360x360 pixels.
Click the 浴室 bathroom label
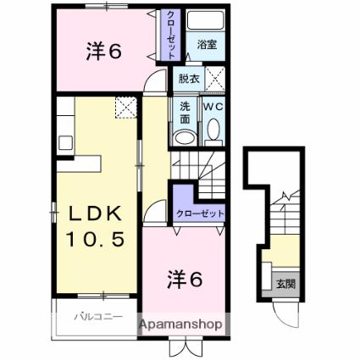(x=207, y=45)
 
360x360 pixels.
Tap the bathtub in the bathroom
(x=205, y=19)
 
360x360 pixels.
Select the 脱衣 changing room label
(x=189, y=79)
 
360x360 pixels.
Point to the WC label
(x=213, y=107)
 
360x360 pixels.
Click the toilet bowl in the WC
(x=213, y=130)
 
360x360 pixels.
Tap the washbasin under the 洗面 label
(x=185, y=137)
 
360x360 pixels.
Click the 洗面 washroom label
(x=185, y=113)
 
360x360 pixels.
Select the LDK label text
(x=95, y=213)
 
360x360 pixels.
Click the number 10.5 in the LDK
(x=95, y=239)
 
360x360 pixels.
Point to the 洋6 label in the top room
(x=104, y=52)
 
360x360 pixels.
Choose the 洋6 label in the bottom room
(x=185, y=280)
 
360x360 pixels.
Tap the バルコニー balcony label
(x=98, y=317)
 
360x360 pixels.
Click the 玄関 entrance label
(x=285, y=284)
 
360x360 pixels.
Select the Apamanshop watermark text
(x=180, y=324)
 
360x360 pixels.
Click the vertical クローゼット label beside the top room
(x=170, y=35)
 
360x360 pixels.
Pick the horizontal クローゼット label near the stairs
(x=200, y=213)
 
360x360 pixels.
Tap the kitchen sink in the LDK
(x=65, y=142)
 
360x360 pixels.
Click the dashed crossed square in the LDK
(x=126, y=108)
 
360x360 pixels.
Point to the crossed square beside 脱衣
(x=215, y=79)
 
